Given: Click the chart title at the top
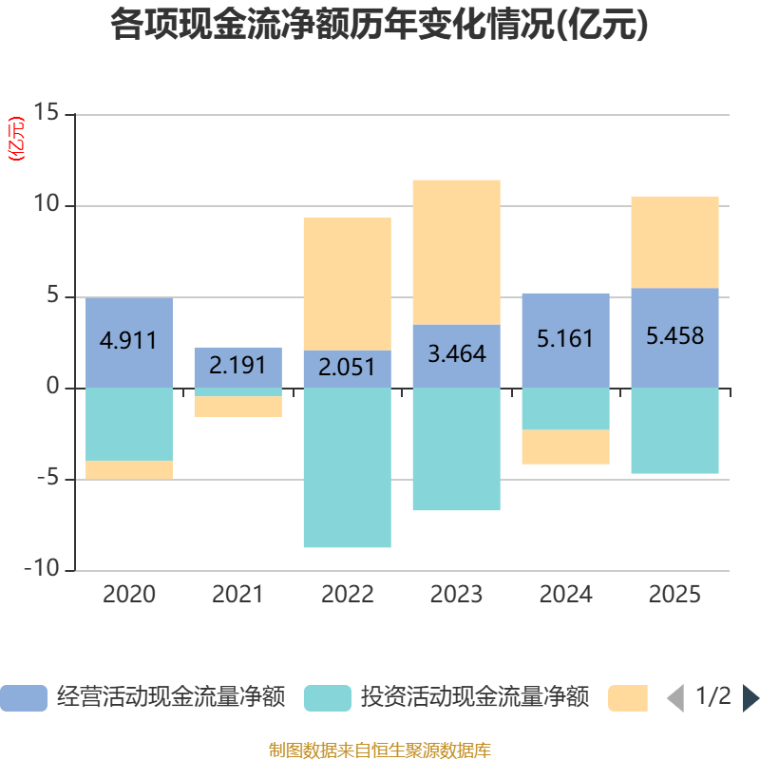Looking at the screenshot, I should click(x=380, y=26).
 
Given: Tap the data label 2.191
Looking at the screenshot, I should click(x=238, y=365).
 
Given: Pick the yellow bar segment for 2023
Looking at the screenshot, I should click(x=456, y=252).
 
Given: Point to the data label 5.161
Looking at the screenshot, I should click(x=565, y=338).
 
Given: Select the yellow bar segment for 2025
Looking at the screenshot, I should click(x=674, y=241).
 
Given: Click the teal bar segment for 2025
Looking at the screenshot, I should click(x=674, y=430).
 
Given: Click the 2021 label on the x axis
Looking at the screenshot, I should click(x=238, y=596).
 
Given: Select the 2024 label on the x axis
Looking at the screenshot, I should click(x=565, y=596).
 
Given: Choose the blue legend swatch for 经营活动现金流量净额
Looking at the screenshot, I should click(x=23, y=698).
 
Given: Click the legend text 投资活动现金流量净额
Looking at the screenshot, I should click(x=475, y=698).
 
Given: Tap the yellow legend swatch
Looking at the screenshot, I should click(x=627, y=698).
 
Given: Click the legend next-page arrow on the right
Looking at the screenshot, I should click(x=750, y=698).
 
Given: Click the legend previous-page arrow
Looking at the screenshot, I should click(x=674, y=698).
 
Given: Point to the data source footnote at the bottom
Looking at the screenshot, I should click(x=380, y=750).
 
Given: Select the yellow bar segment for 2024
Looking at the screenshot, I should click(x=565, y=447).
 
